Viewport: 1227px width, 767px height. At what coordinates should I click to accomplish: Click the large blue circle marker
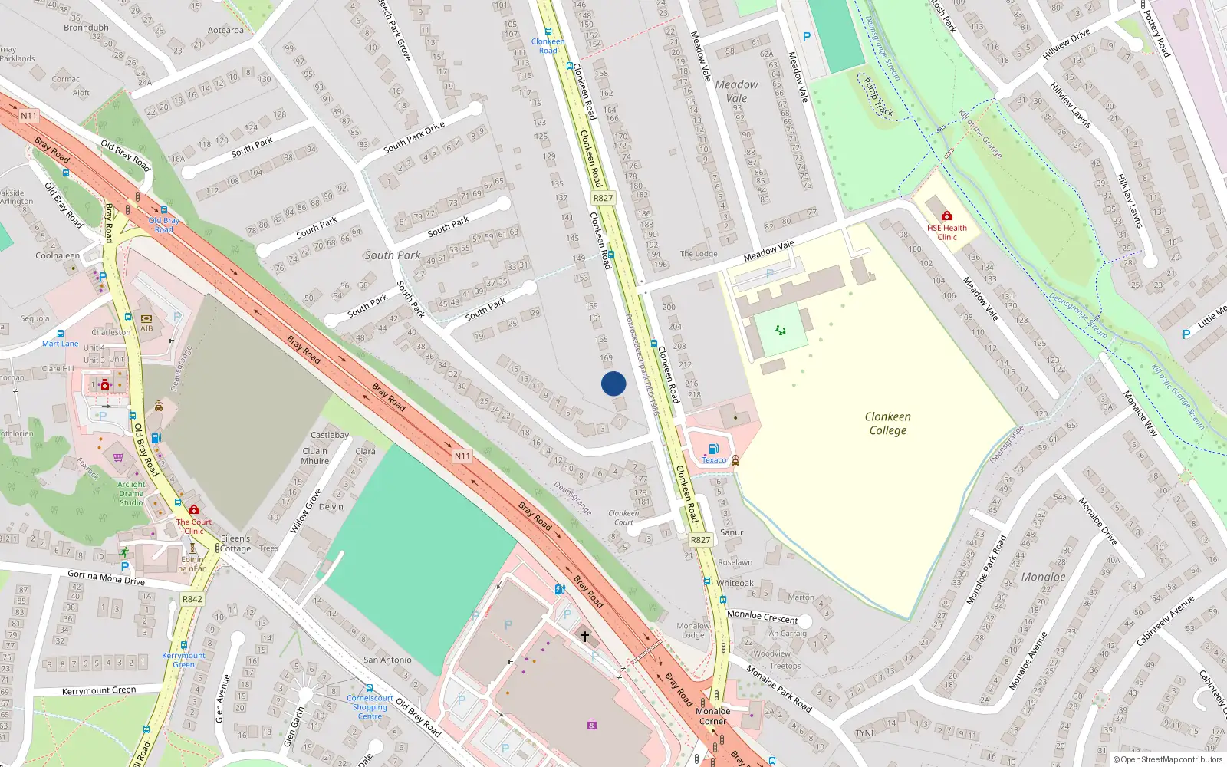coord(613,383)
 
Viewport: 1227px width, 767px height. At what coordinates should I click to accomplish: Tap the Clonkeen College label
coord(888,423)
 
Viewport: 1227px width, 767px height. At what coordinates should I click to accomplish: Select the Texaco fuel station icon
coord(713,449)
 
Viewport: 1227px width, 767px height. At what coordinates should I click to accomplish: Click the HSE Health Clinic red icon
coord(947,216)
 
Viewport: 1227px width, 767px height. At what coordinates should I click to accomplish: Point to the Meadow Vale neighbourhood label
coord(736,91)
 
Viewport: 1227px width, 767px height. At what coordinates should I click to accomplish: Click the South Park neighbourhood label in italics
coord(393,255)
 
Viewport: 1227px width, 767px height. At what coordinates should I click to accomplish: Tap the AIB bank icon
coord(146,318)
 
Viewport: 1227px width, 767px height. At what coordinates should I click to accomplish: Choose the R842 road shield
coord(192,599)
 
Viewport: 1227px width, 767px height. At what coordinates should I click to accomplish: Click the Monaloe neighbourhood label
coord(1043,577)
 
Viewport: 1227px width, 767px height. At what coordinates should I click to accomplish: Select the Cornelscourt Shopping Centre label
coord(370,707)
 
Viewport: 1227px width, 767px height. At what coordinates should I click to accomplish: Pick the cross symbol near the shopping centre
coord(585,636)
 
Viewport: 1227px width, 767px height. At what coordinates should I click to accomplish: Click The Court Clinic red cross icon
coord(194,510)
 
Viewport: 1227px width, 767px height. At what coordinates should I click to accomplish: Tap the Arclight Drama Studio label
coord(131,493)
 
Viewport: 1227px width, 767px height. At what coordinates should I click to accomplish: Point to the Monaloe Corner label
coord(712,716)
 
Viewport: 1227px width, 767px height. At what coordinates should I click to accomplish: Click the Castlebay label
coord(330,435)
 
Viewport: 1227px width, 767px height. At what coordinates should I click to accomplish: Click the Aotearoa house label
coord(225,31)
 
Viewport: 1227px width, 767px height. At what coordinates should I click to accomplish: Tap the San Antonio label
coord(387,660)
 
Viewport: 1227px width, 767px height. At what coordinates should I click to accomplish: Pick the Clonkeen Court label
coord(623,518)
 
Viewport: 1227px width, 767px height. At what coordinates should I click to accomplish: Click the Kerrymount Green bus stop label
coord(183,660)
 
